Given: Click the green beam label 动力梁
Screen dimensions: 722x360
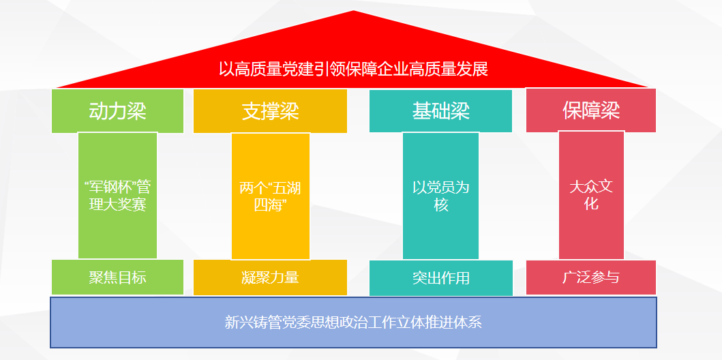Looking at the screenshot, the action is coord(117,111).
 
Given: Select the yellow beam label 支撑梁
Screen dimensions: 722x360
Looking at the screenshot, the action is coord(270,111).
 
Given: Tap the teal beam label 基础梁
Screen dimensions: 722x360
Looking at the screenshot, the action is coord(440,111).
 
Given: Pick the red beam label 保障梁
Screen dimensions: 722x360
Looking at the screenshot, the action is coord(591,110).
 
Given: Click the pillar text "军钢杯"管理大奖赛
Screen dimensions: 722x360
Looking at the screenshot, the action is coord(117,196).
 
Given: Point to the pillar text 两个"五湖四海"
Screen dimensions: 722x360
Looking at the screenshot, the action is coord(270,196).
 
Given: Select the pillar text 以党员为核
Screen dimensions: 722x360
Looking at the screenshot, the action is coord(440,196).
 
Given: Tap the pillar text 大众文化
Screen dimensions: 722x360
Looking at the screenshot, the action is coord(591,196).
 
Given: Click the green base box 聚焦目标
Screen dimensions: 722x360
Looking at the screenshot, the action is coord(117,277).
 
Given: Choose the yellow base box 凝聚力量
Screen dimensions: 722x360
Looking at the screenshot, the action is coord(270,277).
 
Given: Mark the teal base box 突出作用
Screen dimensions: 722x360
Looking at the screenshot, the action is coord(440,278).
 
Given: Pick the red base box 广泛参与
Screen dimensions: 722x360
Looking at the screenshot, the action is coord(591,277).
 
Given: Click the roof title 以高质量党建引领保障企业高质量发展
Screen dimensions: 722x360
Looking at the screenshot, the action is coord(353,70).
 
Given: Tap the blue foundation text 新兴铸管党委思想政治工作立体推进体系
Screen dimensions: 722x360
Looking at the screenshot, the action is coord(353,322).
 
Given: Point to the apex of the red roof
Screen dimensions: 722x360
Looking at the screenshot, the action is coord(353,11).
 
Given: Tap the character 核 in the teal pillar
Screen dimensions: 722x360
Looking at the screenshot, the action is coord(440,205).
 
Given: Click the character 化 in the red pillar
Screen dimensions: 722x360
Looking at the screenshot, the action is coord(591,204).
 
